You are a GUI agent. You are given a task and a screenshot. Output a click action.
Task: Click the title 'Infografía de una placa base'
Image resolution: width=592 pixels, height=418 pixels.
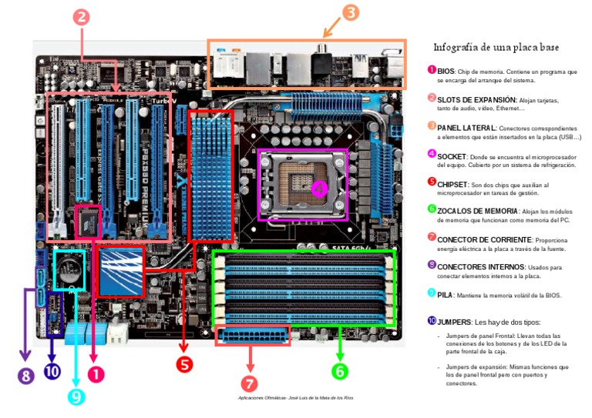pyautogui.click(x=496, y=47)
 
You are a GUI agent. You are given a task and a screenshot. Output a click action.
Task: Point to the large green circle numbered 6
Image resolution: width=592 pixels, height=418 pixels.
pyautogui.click(x=340, y=371)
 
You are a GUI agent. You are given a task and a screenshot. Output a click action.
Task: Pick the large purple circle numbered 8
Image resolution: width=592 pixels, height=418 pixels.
pyautogui.click(x=25, y=376)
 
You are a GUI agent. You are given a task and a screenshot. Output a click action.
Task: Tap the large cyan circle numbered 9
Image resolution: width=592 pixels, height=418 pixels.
pyautogui.click(x=75, y=396)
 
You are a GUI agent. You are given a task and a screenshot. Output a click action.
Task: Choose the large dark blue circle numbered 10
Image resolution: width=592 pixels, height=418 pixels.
pyautogui.click(x=52, y=371)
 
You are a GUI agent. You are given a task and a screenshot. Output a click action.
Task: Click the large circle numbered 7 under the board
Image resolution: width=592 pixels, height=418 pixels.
pyautogui.click(x=249, y=383)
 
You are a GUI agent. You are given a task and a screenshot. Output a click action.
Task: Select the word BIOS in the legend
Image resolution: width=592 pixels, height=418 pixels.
pyautogui.click(x=446, y=71)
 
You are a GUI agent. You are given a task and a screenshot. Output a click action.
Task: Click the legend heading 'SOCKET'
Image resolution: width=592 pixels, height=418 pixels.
pyautogui.click(x=452, y=155)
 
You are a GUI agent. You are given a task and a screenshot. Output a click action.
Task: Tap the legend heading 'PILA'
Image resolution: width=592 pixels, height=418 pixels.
pyautogui.click(x=446, y=295)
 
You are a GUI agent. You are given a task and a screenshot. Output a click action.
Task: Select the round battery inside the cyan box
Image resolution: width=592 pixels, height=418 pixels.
pyautogui.click(x=69, y=270)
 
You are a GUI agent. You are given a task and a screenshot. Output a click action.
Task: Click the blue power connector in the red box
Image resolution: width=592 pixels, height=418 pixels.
pyautogui.click(x=252, y=337)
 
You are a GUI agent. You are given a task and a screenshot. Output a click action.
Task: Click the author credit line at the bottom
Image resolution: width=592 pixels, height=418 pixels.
pyautogui.click(x=296, y=397)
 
